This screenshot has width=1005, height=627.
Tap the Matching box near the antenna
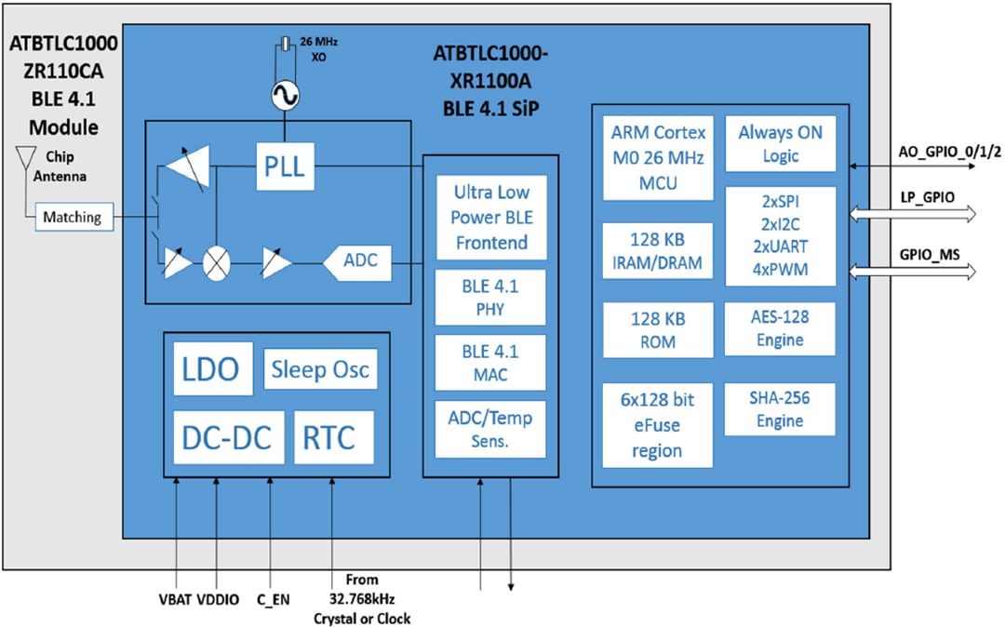pos(73,218)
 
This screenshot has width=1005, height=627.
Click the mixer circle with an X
pos(217,263)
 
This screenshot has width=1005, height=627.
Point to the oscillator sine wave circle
pos(283,96)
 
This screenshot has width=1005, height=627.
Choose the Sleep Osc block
pos(320,370)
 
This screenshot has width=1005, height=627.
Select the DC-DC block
pos(228,436)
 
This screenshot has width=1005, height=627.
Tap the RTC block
pos(334,436)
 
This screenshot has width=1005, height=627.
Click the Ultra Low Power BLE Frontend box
pos(490,218)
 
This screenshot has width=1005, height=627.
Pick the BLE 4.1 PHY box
pos(490,298)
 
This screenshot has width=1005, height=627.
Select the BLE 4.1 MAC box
pos(490,364)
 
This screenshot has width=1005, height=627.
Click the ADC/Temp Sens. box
pos(490,429)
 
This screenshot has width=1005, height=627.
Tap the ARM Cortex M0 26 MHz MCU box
pos(658,156)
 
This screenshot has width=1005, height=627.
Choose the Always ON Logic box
pos(780,144)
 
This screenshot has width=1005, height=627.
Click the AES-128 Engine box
pos(780,328)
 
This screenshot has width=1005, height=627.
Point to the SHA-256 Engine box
pos(780,409)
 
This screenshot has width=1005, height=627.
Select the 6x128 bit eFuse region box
pos(658,425)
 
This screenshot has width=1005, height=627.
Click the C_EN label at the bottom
pos(273,599)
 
